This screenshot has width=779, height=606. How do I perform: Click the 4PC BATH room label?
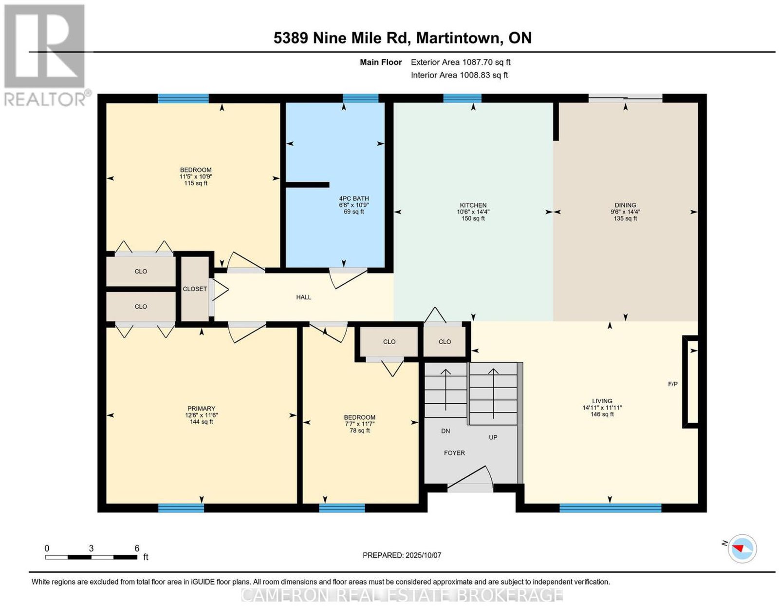(x=353, y=198)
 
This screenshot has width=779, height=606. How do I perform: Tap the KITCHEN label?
(x=473, y=205)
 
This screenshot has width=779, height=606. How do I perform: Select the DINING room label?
(x=625, y=205)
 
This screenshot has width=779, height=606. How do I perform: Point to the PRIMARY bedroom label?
(x=201, y=408)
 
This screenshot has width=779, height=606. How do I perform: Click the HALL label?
(x=303, y=297)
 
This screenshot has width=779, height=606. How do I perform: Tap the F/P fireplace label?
(x=672, y=384)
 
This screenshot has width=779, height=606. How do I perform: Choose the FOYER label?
(x=454, y=453)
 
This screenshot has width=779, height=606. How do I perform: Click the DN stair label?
(x=445, y=431)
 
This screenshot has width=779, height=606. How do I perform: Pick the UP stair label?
(x=493, y=437)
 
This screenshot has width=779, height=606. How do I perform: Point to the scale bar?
(x=91, y=557)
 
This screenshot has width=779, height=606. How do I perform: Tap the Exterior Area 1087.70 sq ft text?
(x=460, y=62)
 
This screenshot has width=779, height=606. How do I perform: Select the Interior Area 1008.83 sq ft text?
(x=459, y=75)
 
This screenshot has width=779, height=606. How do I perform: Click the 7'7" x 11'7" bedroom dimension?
(x=360, y=424)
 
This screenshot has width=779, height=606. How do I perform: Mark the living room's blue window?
(x=610, y=508)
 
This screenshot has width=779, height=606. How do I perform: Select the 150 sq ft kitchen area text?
(x=473, y=218)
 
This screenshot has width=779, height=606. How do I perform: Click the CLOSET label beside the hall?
(x=195, y=289)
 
